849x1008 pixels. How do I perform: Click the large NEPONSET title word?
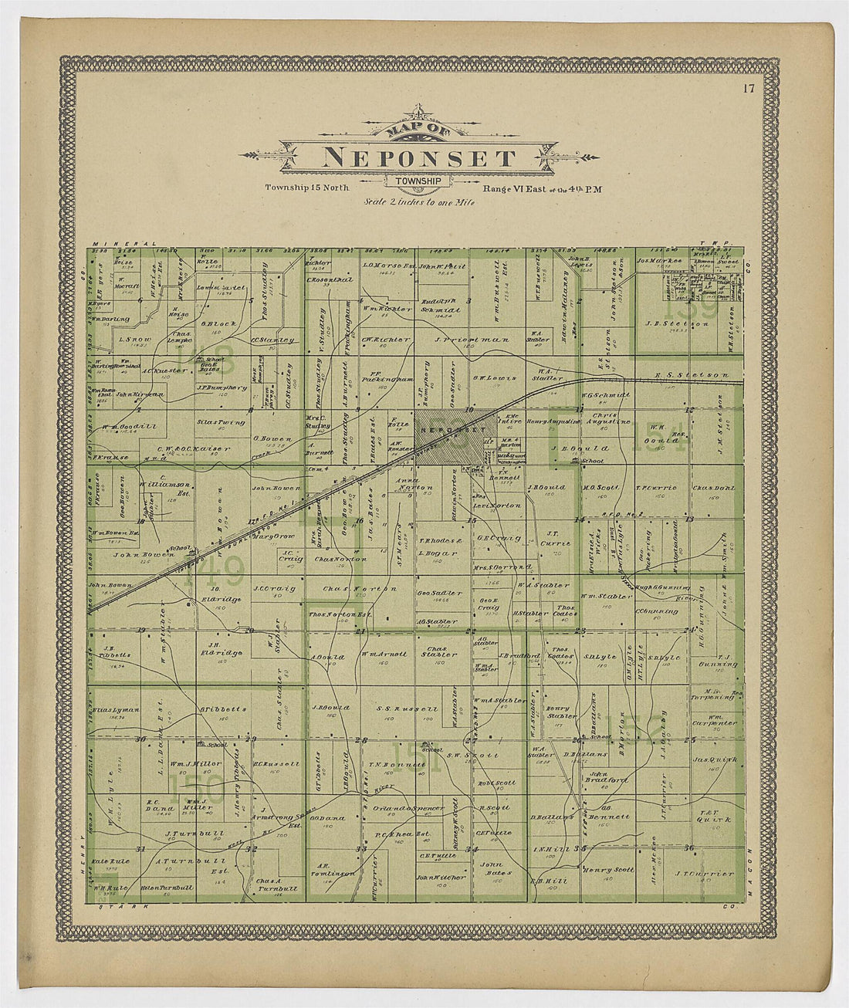(419, 158)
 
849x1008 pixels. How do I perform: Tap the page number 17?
(749, 88)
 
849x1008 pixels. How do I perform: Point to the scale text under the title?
(420, 202)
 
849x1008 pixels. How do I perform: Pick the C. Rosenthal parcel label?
(330, 279)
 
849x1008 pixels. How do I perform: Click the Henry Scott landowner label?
(608, 870)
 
